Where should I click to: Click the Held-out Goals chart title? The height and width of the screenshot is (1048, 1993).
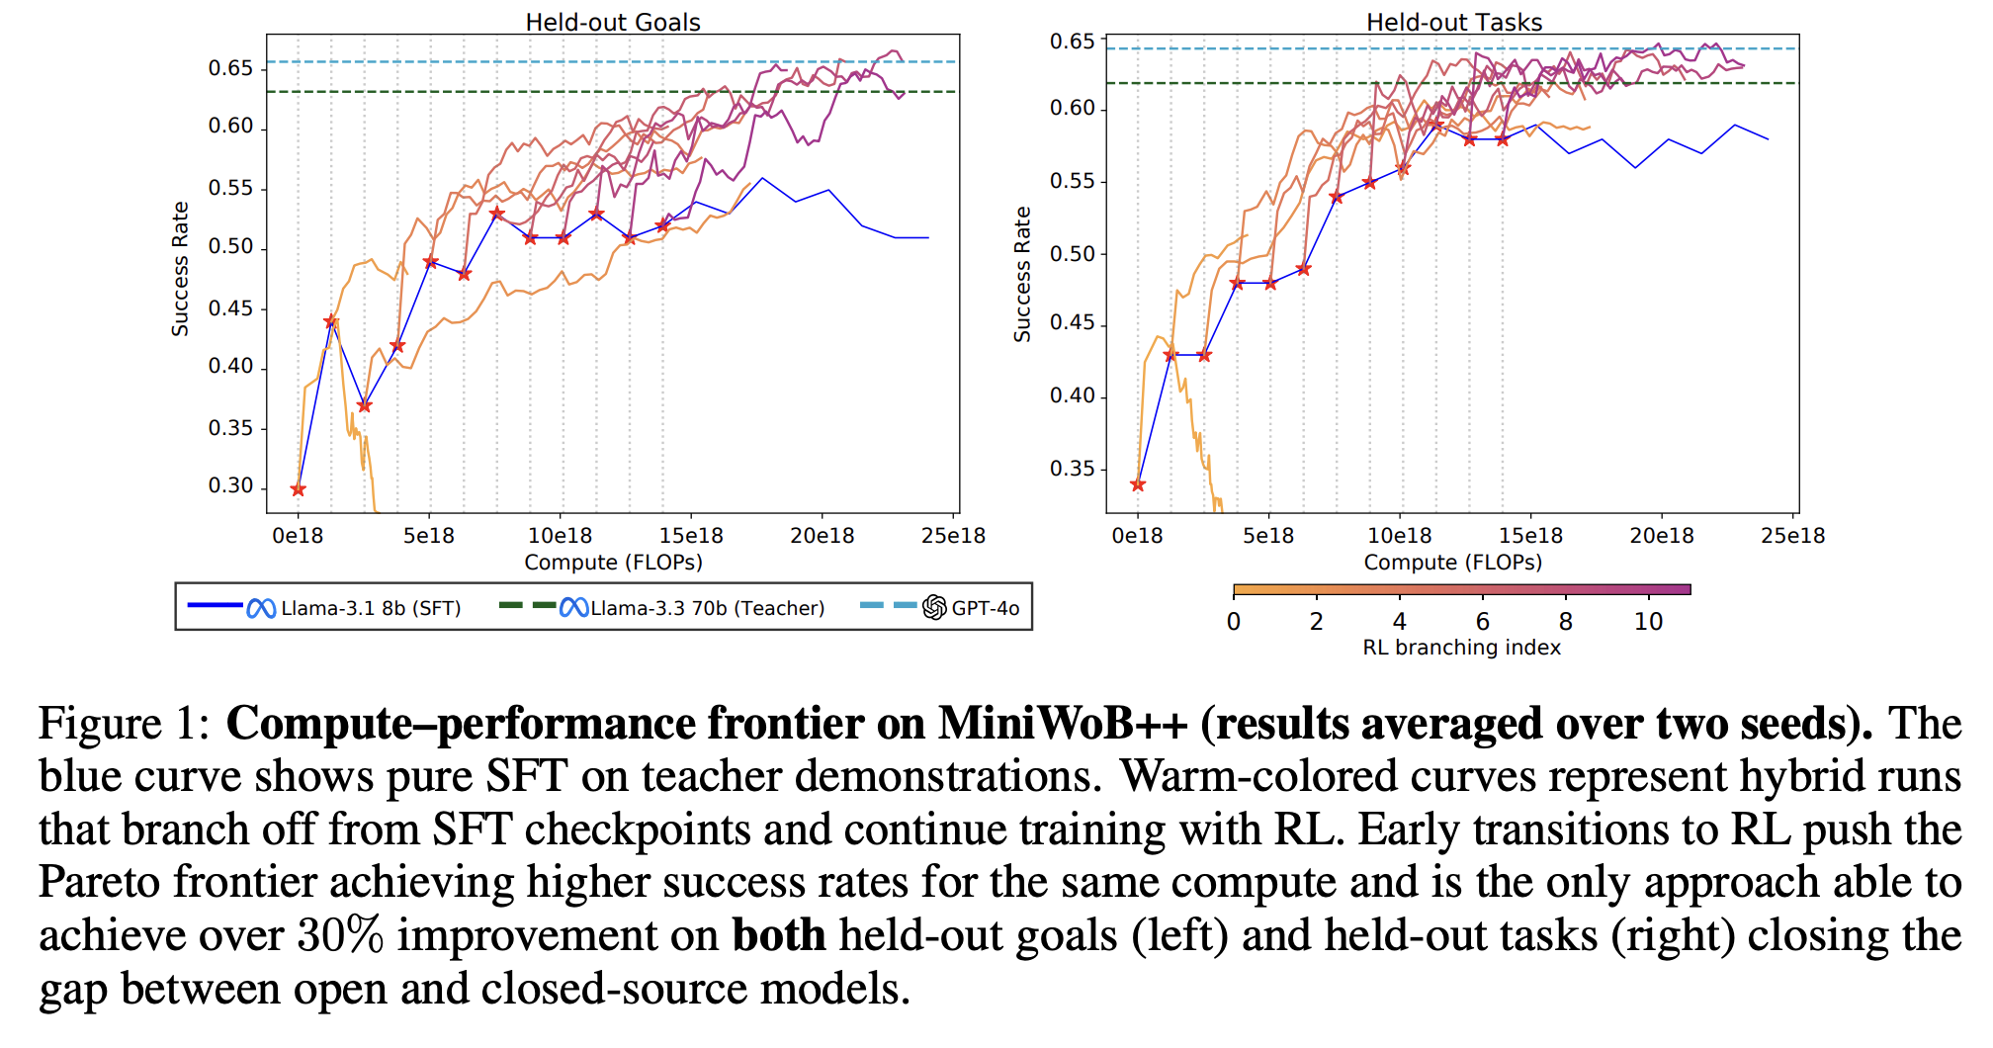pos(612,22)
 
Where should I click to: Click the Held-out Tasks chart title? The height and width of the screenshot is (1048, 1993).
pos(1453,22)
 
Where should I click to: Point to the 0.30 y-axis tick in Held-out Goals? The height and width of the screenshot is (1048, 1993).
pos(230,486)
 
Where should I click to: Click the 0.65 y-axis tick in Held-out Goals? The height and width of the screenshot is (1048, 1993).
pos(230,68)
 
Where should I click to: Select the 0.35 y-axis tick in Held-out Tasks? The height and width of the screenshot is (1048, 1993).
pos(1073,469)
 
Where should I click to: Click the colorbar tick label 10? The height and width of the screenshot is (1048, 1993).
pos(1648,622)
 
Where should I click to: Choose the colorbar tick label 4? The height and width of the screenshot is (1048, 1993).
pos(1399,622)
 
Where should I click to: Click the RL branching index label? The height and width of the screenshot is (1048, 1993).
pos(1461,648)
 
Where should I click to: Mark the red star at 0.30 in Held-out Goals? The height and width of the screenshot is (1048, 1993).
pos(299,489)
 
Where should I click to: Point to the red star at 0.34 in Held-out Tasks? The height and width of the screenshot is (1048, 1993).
pos(1138,484)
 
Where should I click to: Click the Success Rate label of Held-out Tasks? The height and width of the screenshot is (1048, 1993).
pos(1022,275)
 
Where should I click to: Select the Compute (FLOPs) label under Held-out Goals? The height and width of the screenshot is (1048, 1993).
pos(613,563)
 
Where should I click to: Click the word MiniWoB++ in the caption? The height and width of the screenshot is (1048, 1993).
pos(1063,724)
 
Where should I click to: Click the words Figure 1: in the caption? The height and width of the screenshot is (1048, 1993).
pos(125,724)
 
